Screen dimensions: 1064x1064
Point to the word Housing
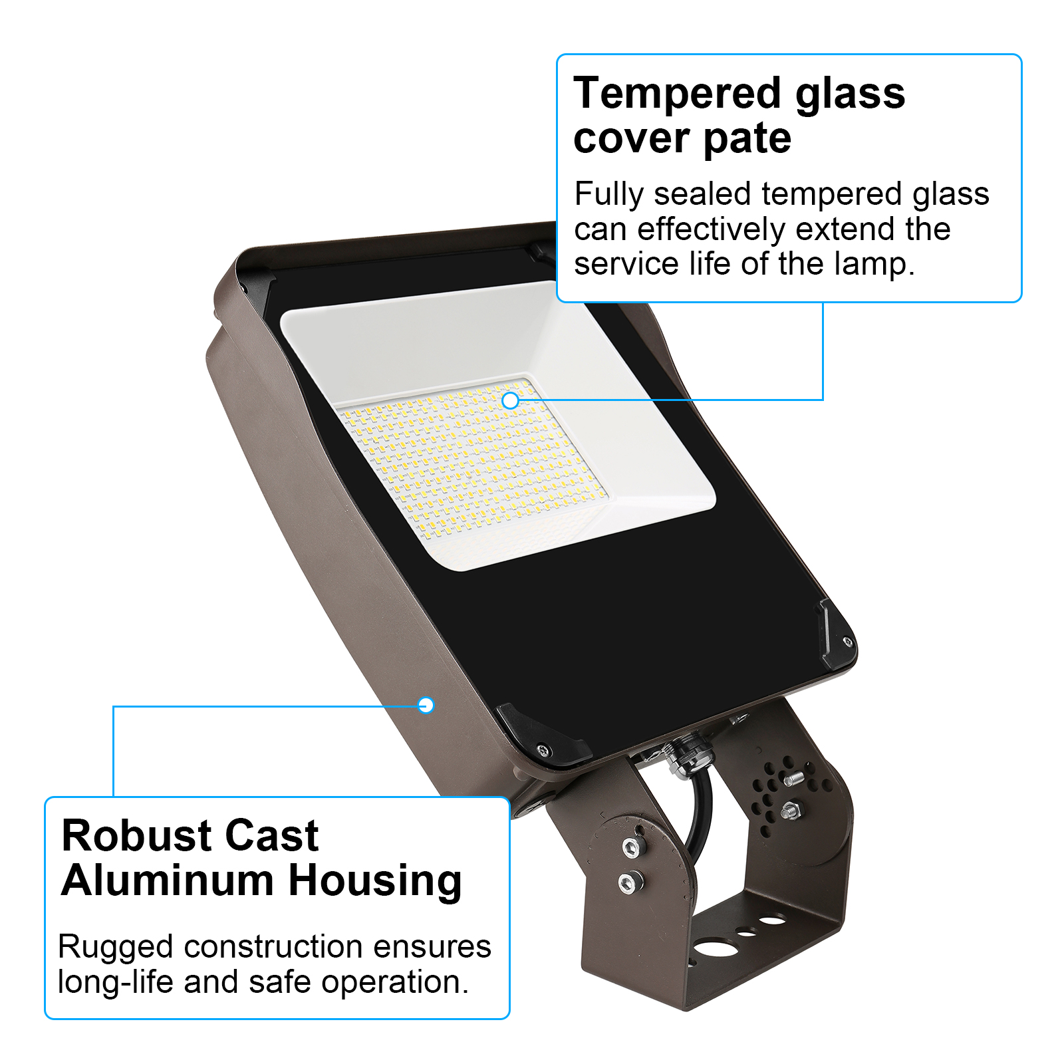coord(375,882)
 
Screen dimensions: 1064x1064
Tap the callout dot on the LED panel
coord(510,400)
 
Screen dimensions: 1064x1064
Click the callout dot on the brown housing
coord(426,705)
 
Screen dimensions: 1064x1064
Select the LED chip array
coord(472,452)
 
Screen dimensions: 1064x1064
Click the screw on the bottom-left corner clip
coord(543,750)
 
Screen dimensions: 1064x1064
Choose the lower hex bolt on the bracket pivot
coord(627,882)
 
